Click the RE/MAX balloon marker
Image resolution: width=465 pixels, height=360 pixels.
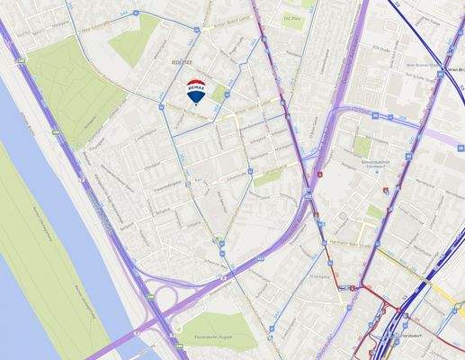pyautogui.click(x=195, y=91)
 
